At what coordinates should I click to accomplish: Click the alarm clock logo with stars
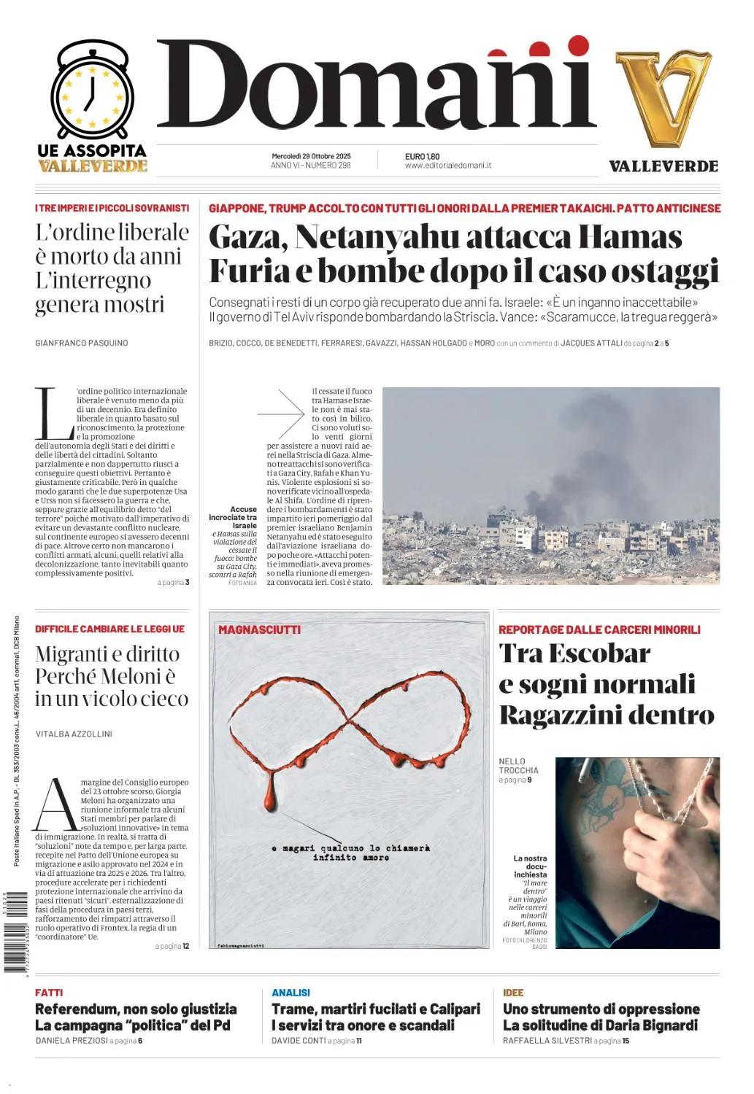[92, 90]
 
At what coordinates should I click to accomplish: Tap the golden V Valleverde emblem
[663, 98]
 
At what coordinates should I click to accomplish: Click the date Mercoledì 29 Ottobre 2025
[311, 156]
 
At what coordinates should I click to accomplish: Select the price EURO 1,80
[422, 156]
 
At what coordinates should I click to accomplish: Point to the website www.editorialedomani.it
[447, 166]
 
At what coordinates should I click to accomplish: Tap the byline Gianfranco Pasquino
[82, 343]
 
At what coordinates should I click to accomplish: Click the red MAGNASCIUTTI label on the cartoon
[259, 629]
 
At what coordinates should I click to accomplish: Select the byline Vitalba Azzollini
[74, 734]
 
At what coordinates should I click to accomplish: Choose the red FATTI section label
[49, 993]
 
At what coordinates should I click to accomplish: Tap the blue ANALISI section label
[291, 993]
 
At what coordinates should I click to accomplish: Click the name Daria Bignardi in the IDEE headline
[650, 1025]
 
